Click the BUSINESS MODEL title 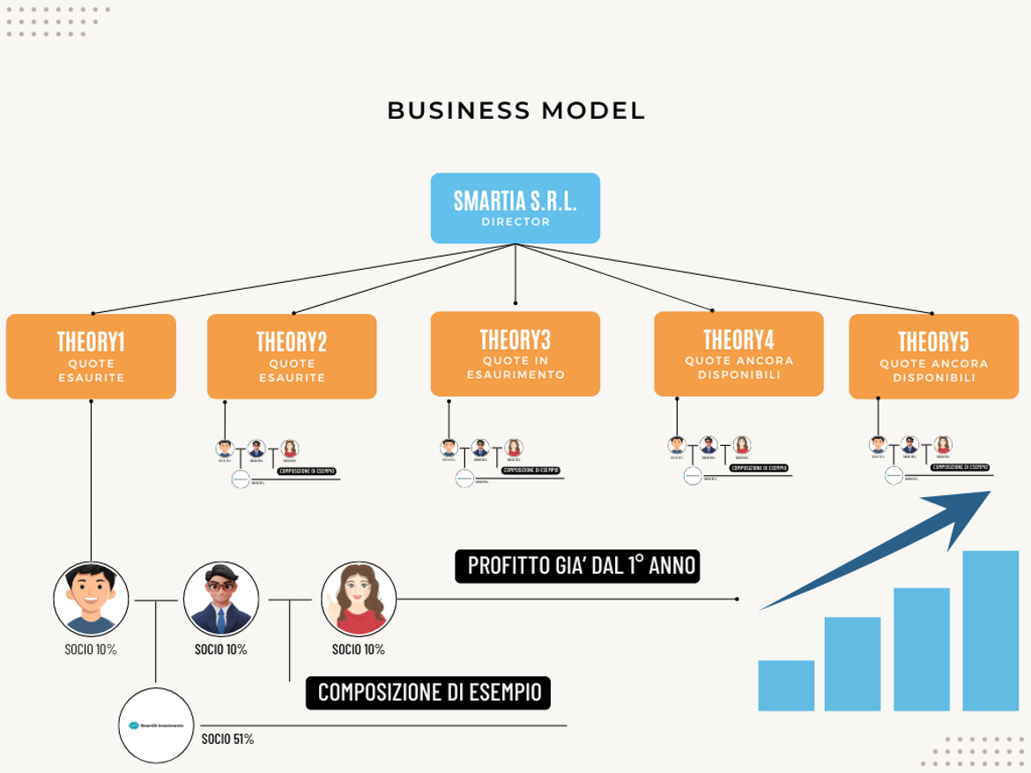pos(515,111)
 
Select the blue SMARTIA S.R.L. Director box pos(515,208)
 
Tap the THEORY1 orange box pos(91,356)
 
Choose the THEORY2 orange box pos(292,356)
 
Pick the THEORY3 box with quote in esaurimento pos(515,353)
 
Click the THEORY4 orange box pos(738,353)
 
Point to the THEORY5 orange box pos(933,356)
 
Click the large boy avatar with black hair pos(91,599)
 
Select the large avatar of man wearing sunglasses pos(220,599)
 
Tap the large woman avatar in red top pos(359,599)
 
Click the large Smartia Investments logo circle pos(156,725)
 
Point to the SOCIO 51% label pos(227,740)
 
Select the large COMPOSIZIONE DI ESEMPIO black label pos(428,693)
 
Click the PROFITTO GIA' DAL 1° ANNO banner pos(577,566)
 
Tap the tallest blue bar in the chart pos(990,630)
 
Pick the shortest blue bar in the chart pos(786,686)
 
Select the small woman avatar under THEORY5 pos(943,445)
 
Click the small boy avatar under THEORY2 pos(225,449)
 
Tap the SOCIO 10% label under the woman pos(358,650)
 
